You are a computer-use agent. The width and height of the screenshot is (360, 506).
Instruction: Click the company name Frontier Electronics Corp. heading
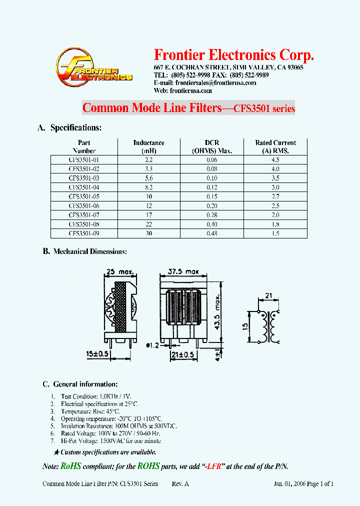click(234, 54)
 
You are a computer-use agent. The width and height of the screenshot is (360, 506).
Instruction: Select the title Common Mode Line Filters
click(151, 108)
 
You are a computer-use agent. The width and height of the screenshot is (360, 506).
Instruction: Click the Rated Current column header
click(275, 146)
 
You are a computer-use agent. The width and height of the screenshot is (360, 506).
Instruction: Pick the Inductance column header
click(148, 146)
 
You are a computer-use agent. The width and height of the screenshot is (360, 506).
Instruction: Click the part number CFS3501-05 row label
click(83, 196)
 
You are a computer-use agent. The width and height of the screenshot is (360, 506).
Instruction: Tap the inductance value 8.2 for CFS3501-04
click(148, 187)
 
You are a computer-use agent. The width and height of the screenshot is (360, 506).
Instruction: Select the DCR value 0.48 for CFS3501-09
click(212, 233)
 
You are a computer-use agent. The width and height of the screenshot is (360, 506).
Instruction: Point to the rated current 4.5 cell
click(275, 159)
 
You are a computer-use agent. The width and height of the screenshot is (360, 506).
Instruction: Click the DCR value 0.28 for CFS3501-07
click(212, 215)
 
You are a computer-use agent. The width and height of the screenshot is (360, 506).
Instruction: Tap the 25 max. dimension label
click(119, 271)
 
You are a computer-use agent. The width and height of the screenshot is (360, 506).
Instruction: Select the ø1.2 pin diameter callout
click(153, 345)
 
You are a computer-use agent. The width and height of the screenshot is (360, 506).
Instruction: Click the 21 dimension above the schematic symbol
click(268, 296)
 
